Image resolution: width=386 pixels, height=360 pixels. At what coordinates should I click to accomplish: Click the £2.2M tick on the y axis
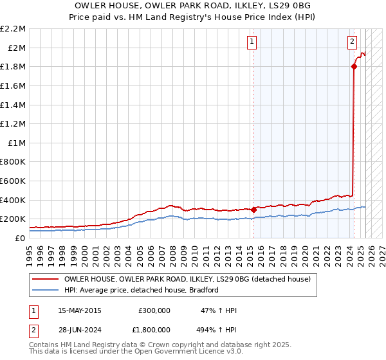[x=14, y=28]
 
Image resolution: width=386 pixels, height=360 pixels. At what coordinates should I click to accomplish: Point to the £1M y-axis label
[x=17, y=143]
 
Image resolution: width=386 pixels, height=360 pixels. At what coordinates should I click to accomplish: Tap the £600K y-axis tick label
[x=14, y=181]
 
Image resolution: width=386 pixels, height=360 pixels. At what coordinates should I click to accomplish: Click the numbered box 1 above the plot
[x=251, y=42]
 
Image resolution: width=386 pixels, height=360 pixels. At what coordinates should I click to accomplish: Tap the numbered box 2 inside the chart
[x=353, y=42]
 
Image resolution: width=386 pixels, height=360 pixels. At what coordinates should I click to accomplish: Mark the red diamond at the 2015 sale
[x=253, y=209]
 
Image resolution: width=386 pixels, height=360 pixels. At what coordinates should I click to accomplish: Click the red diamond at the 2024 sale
[x=354, y=66]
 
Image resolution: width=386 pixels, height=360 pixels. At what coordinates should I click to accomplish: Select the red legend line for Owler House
[x=45, y=279]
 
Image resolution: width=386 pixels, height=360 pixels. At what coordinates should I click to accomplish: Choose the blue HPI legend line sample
[x=45, y=290]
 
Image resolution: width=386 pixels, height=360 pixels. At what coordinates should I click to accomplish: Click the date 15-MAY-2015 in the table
[x=80, y=310]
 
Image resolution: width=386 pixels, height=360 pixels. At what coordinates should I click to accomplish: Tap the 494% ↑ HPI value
[x=217, y=330]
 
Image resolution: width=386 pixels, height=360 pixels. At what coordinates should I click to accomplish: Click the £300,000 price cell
[x=154, y=310]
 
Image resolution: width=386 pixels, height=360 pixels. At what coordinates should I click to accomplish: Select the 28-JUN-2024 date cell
[x=79, y=330]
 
